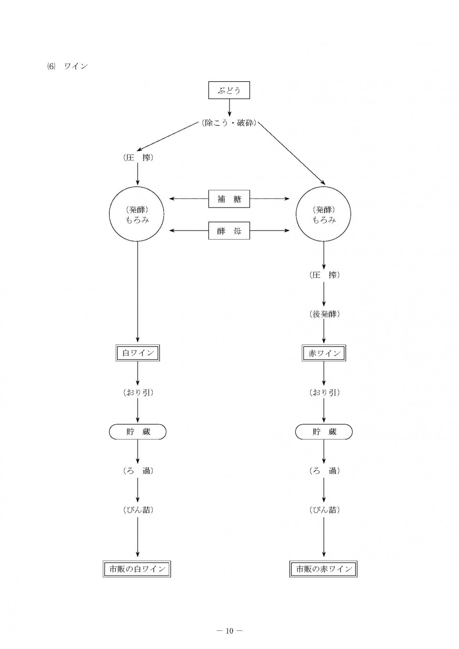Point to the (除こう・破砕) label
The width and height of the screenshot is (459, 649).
click(x=229, y=123)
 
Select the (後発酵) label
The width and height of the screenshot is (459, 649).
click(x=324, y=314)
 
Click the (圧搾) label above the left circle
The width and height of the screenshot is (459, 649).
click(x=138, y=158)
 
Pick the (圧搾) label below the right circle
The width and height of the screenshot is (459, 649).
click(x=324, y=275)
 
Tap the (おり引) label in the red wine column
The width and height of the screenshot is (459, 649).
click(x=324, y=393)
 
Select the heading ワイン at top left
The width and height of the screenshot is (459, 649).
click(x=76, y=66)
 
